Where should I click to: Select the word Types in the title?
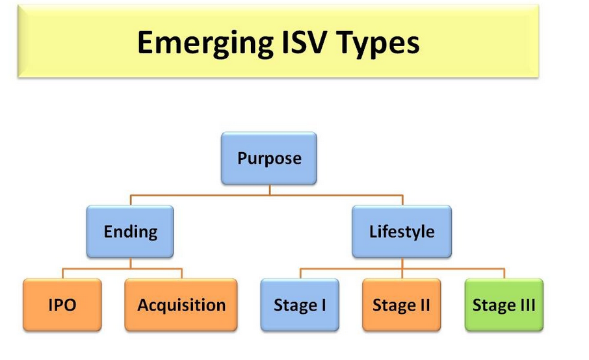(378, 44)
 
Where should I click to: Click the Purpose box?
(269, 158)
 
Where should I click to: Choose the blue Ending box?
(130, 231)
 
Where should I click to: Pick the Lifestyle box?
(402, 231)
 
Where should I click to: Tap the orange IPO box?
(62, 305)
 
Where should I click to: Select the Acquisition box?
(181, 305)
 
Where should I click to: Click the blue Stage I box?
(300, 305)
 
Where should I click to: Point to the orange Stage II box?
(402, 305)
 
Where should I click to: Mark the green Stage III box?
(504, 305)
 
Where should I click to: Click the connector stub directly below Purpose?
(270, 190)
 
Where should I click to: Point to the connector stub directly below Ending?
(130, 263)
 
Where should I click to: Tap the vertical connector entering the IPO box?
(62, 274)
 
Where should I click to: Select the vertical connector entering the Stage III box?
(504, 274)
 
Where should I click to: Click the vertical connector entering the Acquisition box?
(182, 274)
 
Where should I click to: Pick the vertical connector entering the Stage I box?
(300, 274)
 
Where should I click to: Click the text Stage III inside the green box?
(504, 305)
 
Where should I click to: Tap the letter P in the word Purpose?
(242, 158)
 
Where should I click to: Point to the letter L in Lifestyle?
(373, 231)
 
